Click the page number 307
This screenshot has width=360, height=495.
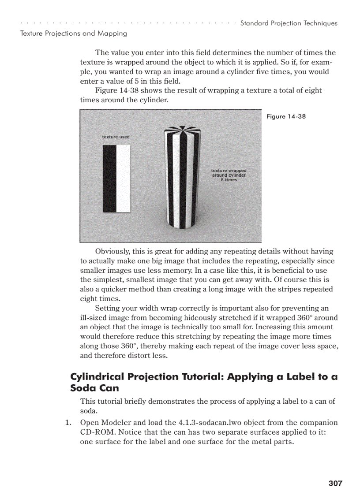pos(335,483)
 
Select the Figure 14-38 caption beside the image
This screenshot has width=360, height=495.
pos(286,116)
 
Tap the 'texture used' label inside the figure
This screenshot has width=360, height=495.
pos(116,137)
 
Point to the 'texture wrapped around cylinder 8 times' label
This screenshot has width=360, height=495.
pos(229,175)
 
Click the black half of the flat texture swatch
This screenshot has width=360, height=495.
pos(109,179)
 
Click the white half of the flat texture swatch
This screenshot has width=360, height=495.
pos(124,179)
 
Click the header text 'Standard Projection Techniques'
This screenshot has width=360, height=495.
pos(289,23)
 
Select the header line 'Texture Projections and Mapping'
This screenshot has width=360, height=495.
pos(74,33)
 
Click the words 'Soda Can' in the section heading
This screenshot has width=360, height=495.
pos(94,388)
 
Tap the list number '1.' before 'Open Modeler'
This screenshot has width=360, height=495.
pos(68,422)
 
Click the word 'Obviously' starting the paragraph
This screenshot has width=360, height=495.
pos(112,251)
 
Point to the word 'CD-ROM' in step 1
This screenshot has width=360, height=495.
pos(95,432)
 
